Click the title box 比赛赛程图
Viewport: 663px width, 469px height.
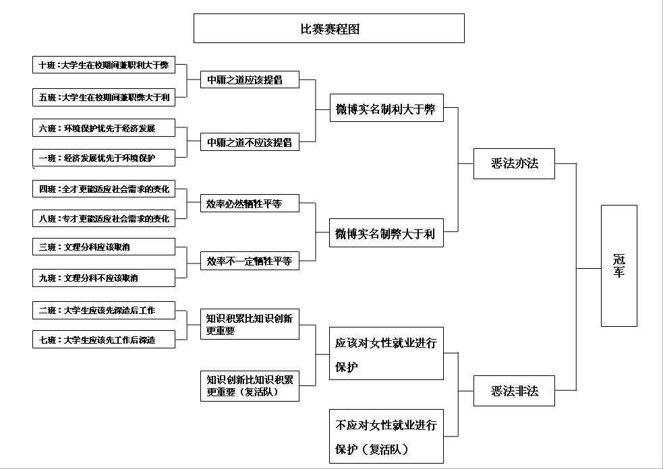pyautogui.click(x=328, y=28)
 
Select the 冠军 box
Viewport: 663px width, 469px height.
pyautogui.click(x=618, y=265)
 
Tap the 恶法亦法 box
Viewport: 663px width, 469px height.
pyautogui.click(x=514, y=164)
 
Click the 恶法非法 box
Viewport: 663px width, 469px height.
pyautogui.click(x=514, y=391)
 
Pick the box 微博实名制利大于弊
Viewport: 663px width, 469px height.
pyautogui.click(x=386, y=109)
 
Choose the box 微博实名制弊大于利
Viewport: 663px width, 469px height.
pyautogui.click(x=386, y=234)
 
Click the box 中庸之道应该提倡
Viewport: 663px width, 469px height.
pyautogui.click(x=250, y=80)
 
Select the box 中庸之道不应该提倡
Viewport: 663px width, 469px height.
pyautogui.click(x=250, y=142)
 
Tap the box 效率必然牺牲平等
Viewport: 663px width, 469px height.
pyautogui.click(x=250, y=204)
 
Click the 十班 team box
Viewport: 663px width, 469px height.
pyautogui.click(x=104, y=65)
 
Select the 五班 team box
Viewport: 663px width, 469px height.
pyautogui.click(x=104, y=98)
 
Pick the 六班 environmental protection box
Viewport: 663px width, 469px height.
pyautogui.click(x=104, y=128)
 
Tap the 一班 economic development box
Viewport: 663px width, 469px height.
pyautogui.click(x=104, y=158)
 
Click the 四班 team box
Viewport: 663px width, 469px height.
pyautogui.click(x=104, y=189)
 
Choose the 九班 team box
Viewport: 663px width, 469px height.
pyautogui.click(x=104, y=278)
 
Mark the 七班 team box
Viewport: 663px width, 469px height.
pyautogui.click(x=104, y=340)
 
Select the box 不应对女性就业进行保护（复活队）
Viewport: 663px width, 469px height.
pyautogui.click(x=386, y=436)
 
